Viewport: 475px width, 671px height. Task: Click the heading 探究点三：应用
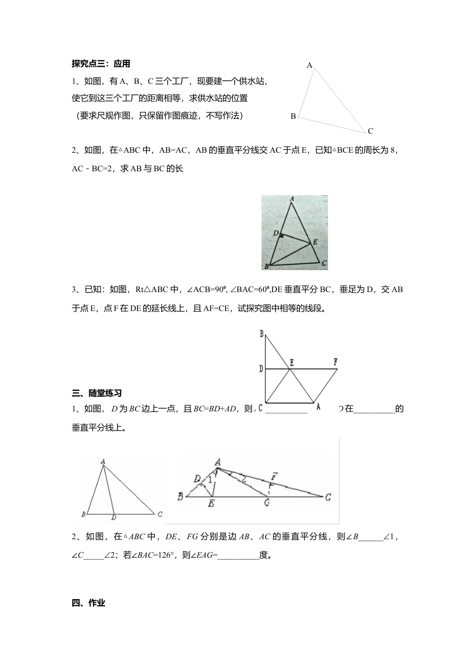coord(101,64)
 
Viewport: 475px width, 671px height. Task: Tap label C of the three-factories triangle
coord(370,131)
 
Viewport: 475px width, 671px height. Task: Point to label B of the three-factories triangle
coord(293,116)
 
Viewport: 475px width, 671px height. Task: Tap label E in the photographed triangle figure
coord(314,243)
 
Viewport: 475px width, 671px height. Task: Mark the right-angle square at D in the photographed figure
coord(281,236)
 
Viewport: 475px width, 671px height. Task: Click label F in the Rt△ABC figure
coord(335,360)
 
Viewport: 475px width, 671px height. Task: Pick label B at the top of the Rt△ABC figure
coord(261,334)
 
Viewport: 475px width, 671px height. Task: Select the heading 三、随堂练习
coord(97,393)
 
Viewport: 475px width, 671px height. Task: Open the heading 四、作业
coord(88,603)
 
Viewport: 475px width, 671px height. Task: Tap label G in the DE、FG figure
coord(267,503)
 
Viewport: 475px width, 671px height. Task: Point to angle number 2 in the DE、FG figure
coord(243,480)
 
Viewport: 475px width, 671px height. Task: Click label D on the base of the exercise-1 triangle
coord(114,517)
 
